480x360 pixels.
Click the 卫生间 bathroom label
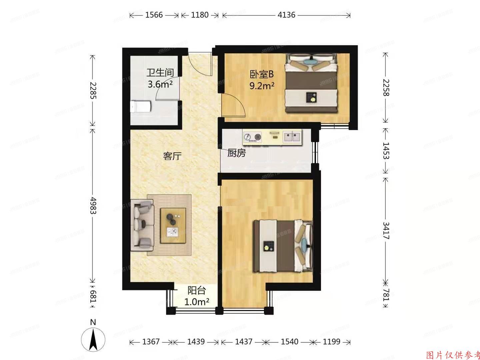(160, 72)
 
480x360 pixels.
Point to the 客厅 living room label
(172, 156)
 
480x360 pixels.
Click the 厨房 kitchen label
(237, 153)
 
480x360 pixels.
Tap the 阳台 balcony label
(196, 290)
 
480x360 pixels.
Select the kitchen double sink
(292, 137)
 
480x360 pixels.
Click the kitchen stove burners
(252, 137)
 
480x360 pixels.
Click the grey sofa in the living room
(142, 225)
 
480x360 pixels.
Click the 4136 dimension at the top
(286, 15)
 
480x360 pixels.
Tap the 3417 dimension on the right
(386, 230)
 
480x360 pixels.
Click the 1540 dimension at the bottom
(289, 342)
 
